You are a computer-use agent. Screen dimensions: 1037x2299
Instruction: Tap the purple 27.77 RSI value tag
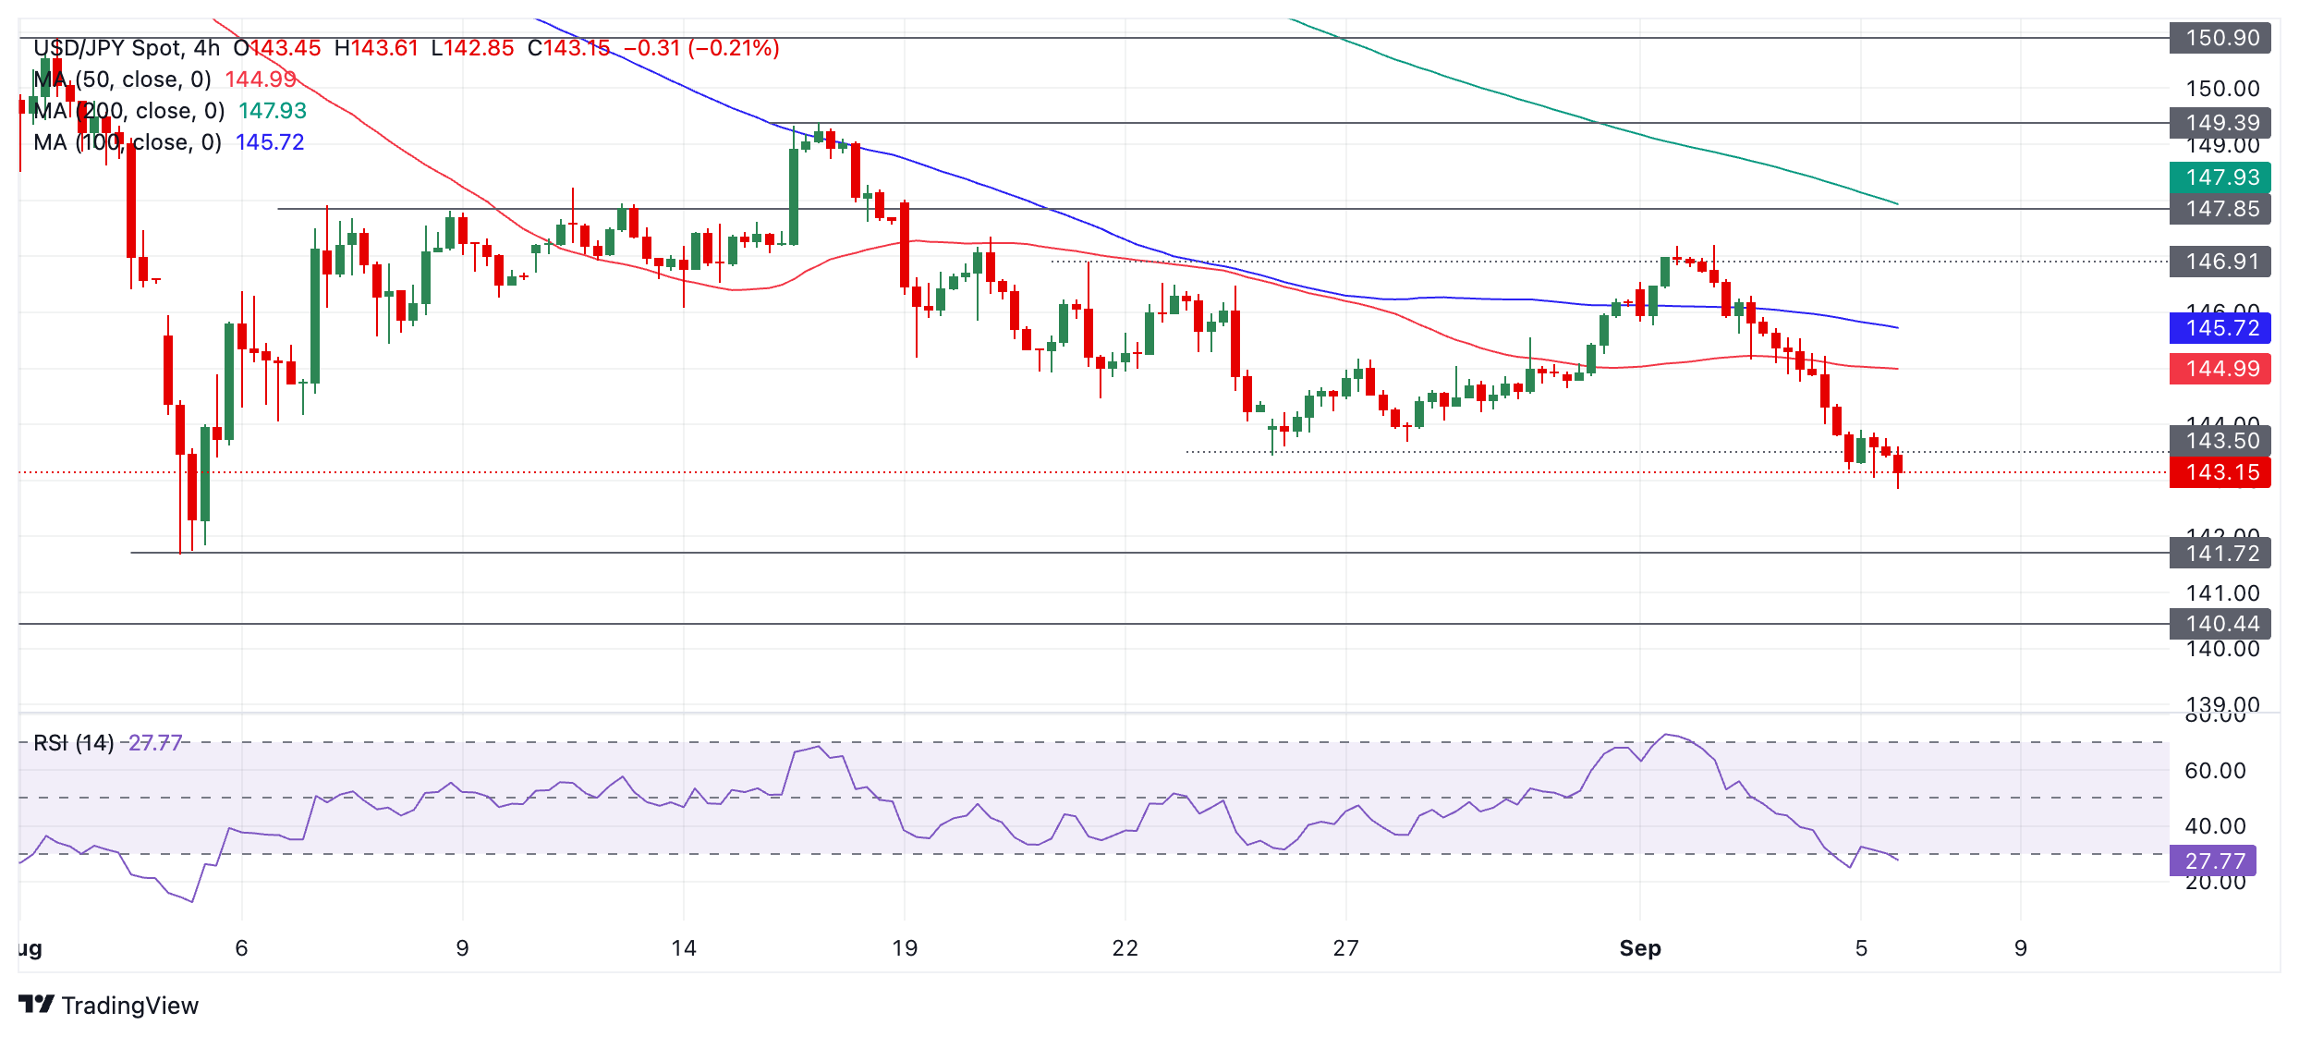point(2213,861)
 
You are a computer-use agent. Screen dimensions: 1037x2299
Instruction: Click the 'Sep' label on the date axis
point(1640,948)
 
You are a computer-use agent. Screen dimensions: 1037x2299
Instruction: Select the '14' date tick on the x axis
point(683,948)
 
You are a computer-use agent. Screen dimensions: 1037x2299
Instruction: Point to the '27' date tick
point(1345,948)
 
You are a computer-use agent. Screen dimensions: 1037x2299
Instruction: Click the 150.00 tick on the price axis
point(2222,89)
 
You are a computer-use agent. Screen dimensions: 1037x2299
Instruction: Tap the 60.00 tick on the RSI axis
point(2215,771)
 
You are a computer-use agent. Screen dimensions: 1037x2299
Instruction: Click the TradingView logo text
point(129,1006)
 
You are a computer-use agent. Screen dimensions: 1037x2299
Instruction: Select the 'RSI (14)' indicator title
point(74,743)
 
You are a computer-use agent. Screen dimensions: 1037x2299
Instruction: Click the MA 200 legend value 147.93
point(273,111)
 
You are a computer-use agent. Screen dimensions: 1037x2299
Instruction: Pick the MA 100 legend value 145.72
point(270,142)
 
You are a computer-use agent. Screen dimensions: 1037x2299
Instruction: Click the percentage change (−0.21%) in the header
point(734,48)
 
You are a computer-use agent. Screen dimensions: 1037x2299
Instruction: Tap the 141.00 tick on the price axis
point(2222,593)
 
